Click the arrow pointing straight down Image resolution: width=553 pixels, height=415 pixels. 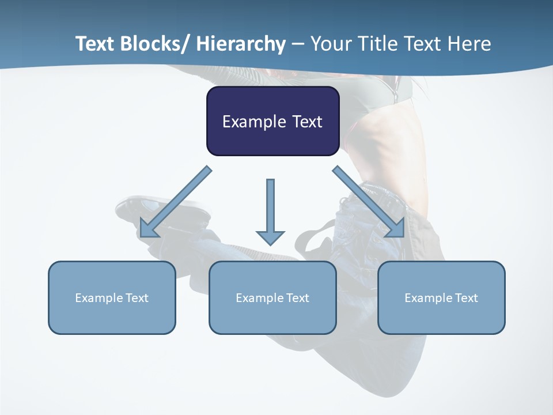(270, 207)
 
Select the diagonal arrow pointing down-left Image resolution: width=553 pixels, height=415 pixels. (176, 202)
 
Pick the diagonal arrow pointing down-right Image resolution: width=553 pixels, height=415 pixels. (369, 202)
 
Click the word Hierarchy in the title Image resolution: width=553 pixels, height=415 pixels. (241, 44)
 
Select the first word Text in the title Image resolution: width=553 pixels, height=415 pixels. (96, 44)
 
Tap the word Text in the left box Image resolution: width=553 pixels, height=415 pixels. (134, 298)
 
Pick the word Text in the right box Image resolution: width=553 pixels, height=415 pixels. (464, 298)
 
